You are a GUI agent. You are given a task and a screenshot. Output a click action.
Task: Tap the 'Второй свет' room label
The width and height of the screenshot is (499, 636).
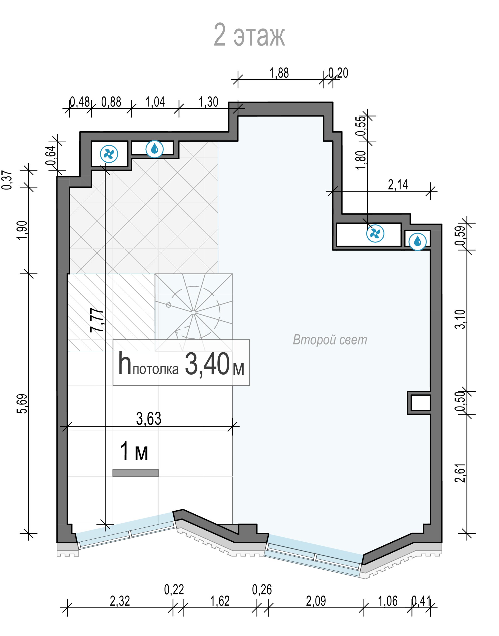point(330,340)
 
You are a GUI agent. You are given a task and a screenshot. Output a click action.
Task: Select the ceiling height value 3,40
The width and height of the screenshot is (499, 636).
point(207,364)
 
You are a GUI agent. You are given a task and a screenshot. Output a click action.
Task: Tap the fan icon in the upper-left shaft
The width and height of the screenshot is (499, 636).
point(109,154)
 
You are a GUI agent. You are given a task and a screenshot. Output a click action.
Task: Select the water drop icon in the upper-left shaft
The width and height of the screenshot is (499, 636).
point(155,149)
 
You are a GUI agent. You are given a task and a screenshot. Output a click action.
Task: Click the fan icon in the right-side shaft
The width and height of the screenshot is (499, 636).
point(375,234)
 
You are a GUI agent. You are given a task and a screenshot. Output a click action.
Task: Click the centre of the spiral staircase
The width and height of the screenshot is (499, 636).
point(194,312)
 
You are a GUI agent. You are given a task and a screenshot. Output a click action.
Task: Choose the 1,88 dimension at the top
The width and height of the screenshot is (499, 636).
point(279,73)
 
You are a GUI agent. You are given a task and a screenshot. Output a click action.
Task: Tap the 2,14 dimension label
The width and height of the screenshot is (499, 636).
point(398,185)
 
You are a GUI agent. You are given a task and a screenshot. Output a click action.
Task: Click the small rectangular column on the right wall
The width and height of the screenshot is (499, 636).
point(419,403)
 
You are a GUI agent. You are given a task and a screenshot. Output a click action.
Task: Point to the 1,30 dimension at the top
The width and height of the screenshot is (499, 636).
point(209,102)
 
